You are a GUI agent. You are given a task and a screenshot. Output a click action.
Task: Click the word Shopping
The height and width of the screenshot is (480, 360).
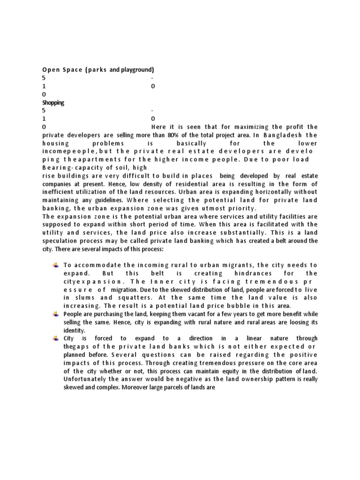point(53,103)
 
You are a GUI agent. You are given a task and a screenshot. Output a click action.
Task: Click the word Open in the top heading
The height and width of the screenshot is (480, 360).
point(50,70)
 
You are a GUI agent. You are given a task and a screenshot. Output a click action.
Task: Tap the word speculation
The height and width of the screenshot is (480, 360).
point(61,240)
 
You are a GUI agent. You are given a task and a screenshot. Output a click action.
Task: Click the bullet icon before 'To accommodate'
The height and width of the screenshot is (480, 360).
point(55,265)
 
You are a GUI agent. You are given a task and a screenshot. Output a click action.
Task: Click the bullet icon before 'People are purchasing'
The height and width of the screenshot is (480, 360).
point(55,314)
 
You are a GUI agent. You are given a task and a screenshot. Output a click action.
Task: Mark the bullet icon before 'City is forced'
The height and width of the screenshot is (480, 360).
point(55,338)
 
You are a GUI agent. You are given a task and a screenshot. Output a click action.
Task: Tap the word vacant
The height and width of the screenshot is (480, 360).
point(220,314)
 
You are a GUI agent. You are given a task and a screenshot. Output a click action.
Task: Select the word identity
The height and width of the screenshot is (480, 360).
point(74,330)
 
